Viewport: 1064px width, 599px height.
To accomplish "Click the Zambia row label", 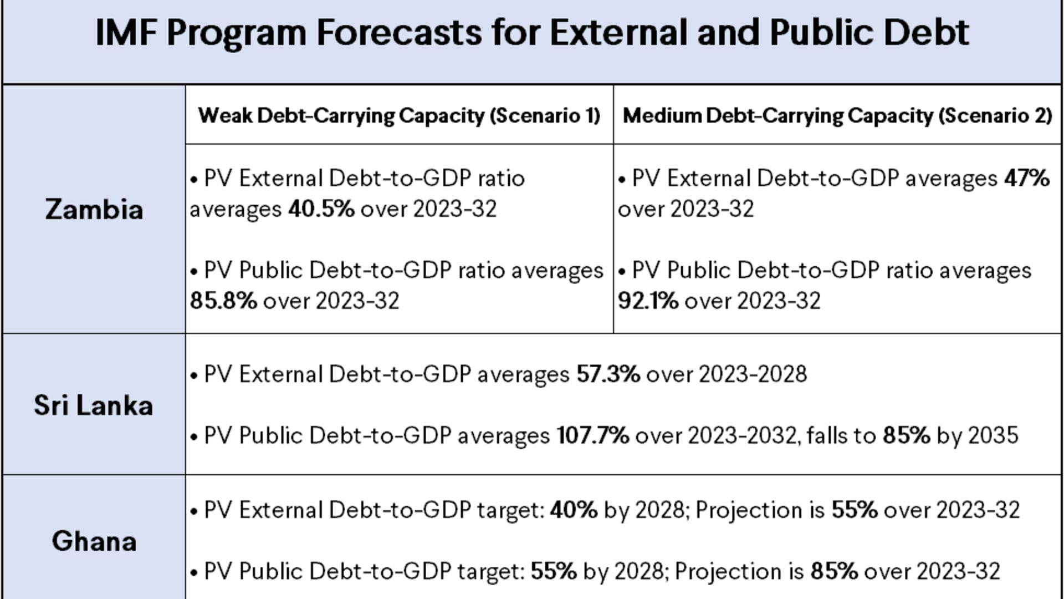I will (x=94, y=210).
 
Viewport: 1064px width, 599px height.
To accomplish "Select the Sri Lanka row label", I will (x=93, y=405).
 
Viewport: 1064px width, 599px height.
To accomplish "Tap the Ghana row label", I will (x=94, y=541).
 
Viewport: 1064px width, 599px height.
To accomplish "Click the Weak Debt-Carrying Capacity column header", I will (x=399, y=115).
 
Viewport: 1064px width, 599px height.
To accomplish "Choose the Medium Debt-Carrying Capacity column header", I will (x=837, y=115).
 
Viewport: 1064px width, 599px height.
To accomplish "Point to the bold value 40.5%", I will (x=321, y=209).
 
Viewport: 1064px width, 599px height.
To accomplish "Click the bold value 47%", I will (x=1027, y=179).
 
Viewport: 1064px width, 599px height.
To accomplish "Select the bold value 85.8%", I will (x=223, y=301).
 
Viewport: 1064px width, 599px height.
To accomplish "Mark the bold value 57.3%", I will (x=608, y=374).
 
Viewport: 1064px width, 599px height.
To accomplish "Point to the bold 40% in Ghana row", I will (x=574, y=510).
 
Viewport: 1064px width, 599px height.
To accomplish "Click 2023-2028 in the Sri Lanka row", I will (x=753, y=374).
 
